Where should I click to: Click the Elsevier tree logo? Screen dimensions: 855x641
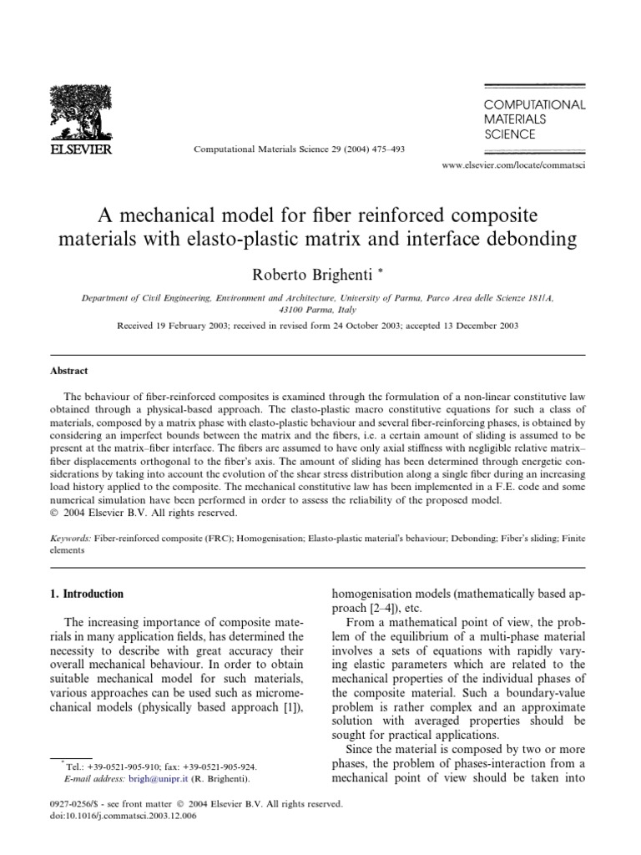coord(82,116)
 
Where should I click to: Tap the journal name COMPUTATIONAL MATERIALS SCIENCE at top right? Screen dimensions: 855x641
coord(535,119)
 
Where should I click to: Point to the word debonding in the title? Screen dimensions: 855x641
coord(533,240)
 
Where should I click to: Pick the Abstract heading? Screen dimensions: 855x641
coord(69,371)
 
